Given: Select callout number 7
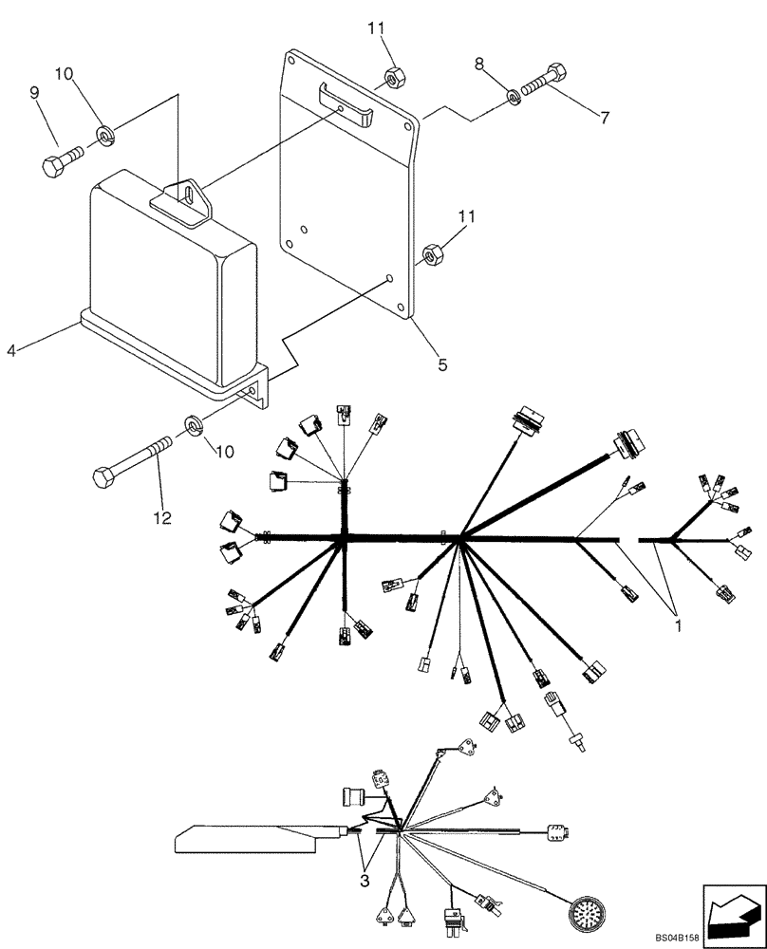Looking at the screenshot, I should click(x=604, y=118).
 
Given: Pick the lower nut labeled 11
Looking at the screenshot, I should click(x=428, y=254).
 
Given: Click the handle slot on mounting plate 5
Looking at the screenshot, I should click(x=347, y=100).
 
